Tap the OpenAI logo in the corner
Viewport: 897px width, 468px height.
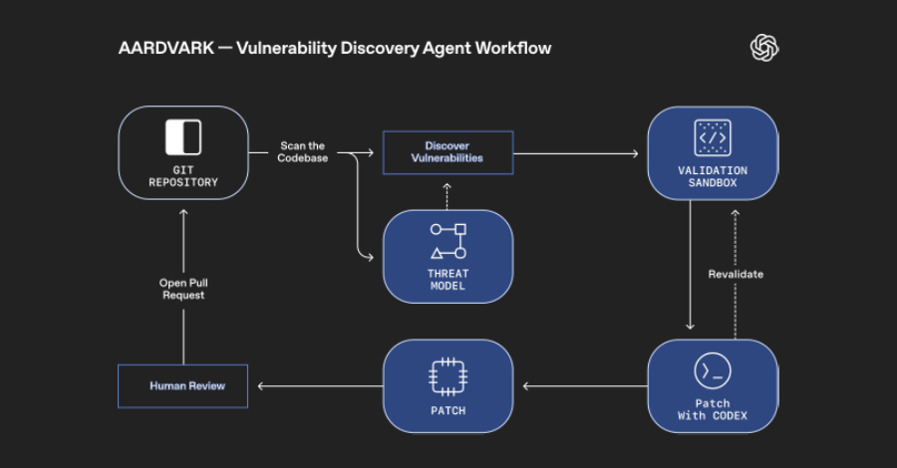pos(764,48)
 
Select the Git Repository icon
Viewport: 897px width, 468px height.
pos(182,137)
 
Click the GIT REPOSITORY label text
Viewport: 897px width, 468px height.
pos(183,176)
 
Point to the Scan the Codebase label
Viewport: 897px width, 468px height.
pos(301,152)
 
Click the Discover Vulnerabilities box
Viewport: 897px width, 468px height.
pos(448,152)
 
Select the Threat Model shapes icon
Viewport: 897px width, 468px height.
pos(448,242)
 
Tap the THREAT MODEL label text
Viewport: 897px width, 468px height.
pos(448,280)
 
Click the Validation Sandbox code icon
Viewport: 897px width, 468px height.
pos(713,137)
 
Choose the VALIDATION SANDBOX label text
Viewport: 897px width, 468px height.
pos(713,176)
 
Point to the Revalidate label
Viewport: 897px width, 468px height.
pos(736,274)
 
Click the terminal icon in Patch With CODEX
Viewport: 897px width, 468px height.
pos(713,371)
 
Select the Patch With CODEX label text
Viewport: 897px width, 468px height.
pos(713,408)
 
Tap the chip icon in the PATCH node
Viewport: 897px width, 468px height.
pos(448,375)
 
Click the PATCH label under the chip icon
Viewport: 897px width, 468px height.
pos(448,410)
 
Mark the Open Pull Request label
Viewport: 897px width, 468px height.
pos(182,289)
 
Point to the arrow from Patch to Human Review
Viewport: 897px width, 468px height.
pos(319,386)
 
